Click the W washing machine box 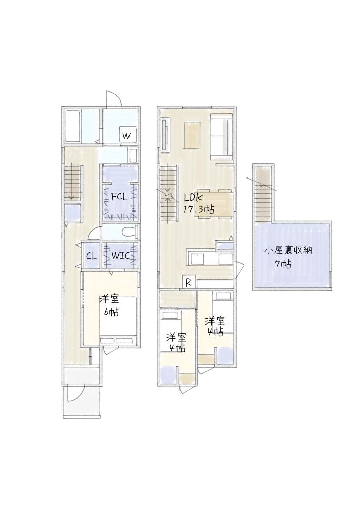click(x=127, y=135)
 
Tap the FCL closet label click(x=119, y=197)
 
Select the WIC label click(x=121, y=255)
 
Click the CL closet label click(x=91, y=256)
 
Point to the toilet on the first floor click(x=131, y=232)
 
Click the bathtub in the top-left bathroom click(x=72, y=125)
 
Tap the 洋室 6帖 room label click(x=110, y=305)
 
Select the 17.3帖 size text click(x=198, y=210)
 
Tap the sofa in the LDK click(x=221, y=136)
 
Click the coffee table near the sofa click(x=192, y=136)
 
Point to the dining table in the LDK click(x=219, y=203)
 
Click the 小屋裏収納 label click(x=288, y=250)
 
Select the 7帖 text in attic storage click(x=283, y=264)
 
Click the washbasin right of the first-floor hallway click(x=133, y=156)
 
